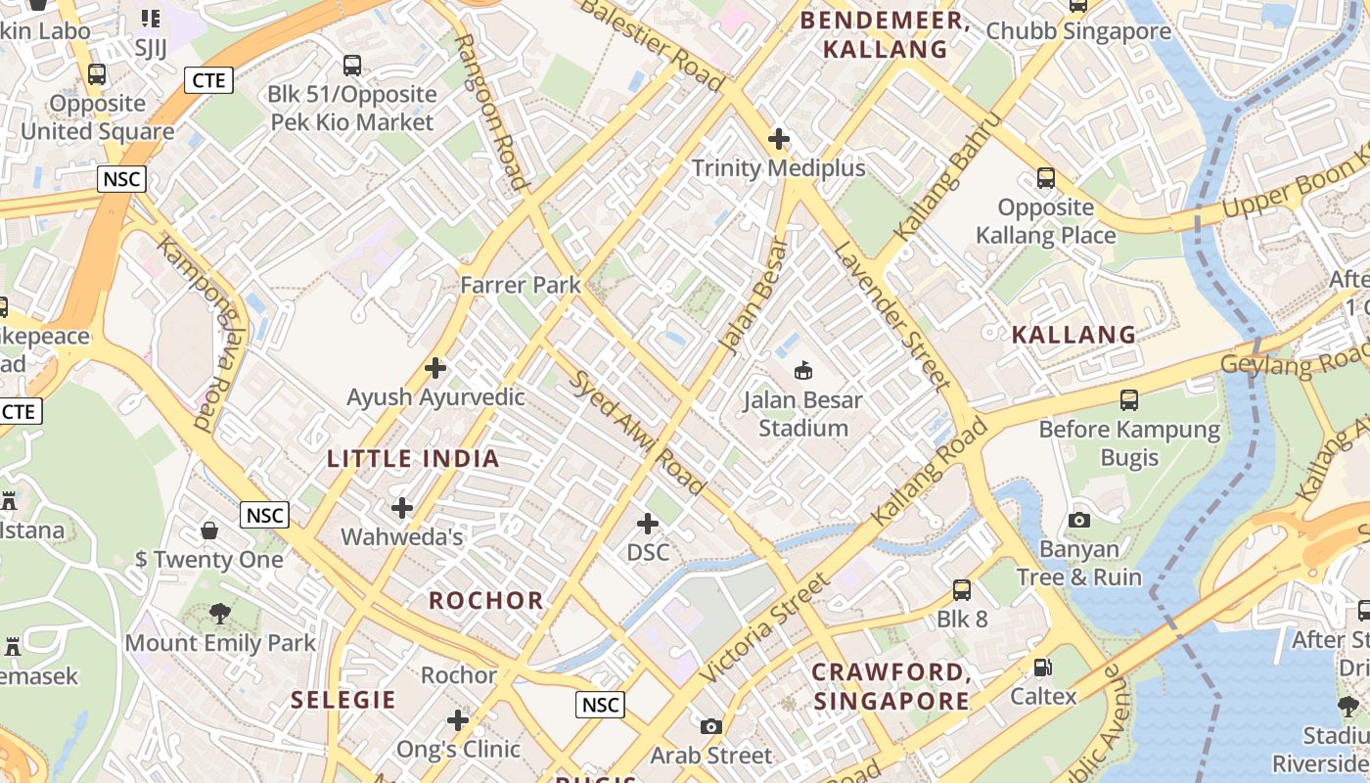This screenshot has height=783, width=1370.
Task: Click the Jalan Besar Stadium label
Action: point(802,414)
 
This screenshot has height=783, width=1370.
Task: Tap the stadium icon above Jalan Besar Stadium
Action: point(803,370)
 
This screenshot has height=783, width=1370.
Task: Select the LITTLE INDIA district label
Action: point(413,458)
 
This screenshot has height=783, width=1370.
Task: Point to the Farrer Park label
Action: point(521,286)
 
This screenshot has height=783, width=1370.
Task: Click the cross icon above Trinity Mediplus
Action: point(779,139)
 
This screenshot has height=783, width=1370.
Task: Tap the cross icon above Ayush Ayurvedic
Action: point(435,368)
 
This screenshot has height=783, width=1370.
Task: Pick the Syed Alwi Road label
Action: point(637,433)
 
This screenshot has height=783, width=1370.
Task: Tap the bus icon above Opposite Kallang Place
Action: point(1046,178)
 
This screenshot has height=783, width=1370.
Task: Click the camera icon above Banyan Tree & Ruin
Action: point(1079,520)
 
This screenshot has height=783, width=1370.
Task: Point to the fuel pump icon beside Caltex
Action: point(1043,668)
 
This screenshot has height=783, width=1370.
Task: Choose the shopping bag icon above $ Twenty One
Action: point(209,530)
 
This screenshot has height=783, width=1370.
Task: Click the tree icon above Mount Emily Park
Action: point(220,614)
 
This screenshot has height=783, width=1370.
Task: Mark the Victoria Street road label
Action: point(765,629)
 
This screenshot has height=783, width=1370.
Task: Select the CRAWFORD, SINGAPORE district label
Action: point(891,686)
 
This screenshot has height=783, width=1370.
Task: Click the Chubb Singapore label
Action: point(1078,31)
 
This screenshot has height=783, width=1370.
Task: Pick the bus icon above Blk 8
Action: point(962,590)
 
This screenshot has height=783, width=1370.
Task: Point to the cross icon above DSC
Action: point(648,524)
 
